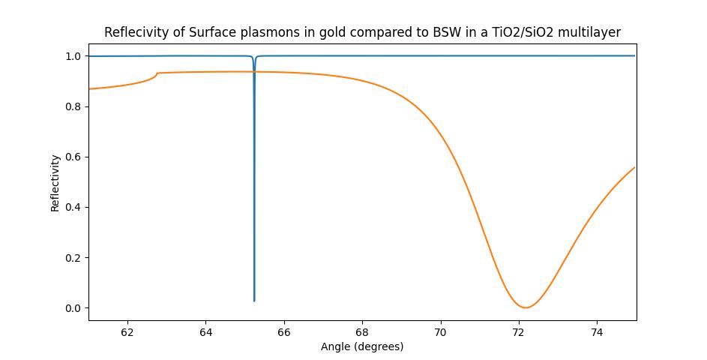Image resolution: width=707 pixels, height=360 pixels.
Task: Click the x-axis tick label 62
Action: tap(127, 332)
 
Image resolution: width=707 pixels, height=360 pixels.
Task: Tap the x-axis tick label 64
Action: tap(205, 332)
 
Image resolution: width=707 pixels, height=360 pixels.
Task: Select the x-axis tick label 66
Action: tap(284, 332)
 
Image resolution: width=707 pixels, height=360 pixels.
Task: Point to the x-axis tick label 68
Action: tap(362, 332)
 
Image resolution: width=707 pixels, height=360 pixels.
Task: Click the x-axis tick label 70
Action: tap(441, 332)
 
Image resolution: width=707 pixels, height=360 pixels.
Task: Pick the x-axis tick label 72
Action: tap(519, 332)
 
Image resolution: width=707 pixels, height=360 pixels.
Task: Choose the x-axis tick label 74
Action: tap(597, 332)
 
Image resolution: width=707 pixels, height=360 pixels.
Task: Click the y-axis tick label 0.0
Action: tap(73, 308)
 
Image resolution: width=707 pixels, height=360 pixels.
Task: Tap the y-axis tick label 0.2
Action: tap(73, 258)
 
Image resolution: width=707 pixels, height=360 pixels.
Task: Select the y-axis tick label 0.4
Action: tap(73, 207)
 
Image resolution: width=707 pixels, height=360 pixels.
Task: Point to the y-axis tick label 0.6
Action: tap(73, 157)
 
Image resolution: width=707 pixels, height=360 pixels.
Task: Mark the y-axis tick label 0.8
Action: tap(73, 106)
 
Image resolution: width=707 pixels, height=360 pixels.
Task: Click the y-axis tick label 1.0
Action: tap(73, 56)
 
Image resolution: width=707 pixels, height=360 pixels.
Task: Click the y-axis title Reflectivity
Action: tap(55, 183)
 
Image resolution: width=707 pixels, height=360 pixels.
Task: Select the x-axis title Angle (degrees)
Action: tap(362, 346)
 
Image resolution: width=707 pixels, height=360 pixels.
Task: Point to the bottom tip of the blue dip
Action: tap(254, 301)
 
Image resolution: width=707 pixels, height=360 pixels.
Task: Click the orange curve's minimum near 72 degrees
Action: tap(526, 307)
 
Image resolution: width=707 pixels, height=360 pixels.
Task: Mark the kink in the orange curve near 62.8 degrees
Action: tap(157, 73)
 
